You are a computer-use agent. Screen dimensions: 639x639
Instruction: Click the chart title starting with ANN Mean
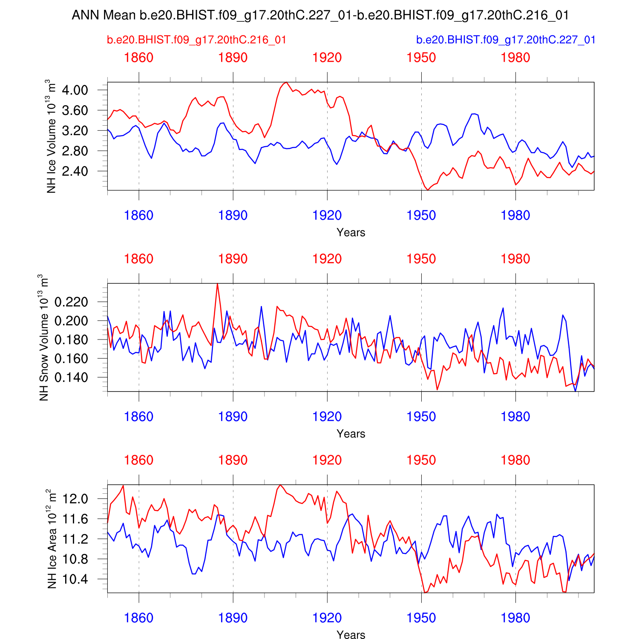pyautogui.click(x=320, y=15)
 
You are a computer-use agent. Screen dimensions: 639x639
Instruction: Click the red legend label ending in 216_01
pyautogui.click(x=196, y=40)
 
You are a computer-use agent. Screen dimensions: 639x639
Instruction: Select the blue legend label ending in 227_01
pyautogui.click(x=505, y=40)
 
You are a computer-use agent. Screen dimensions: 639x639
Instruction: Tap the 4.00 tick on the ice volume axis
pyautogui.click(x=75, y=90)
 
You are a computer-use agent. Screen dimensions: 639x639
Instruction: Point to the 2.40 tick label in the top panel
pyautogui.click(x=75, y=171)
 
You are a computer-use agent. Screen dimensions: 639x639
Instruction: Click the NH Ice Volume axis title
pyautogui.click(x=52, y=136)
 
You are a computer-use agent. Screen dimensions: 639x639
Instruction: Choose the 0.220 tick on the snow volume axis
pyautogui.click(x=71, y=302)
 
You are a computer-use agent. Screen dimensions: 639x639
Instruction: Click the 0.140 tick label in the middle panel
pyautogui.click(x=71, y=377)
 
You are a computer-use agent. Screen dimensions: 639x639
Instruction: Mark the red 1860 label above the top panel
pyautogui.click(x=139, y=58)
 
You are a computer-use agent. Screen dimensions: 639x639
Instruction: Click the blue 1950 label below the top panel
pyautogui.click(x=421, y=216)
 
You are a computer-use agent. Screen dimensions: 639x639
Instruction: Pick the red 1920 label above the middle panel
pyautogui.click(x=327, y=259)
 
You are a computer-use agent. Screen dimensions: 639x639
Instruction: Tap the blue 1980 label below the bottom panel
pyautogui.click(x=515, y=618)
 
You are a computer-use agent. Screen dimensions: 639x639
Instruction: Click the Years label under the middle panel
pyautogui.click(x=351, y=434)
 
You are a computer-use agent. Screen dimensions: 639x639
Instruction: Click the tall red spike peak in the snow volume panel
pyautogui.click(x=218, y=284)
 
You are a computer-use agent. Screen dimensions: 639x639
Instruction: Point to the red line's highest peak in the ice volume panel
pyautogui.click(x=286, y=82)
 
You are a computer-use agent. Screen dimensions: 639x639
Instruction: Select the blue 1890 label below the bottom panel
pyautogui.click(x=233, y=618)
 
